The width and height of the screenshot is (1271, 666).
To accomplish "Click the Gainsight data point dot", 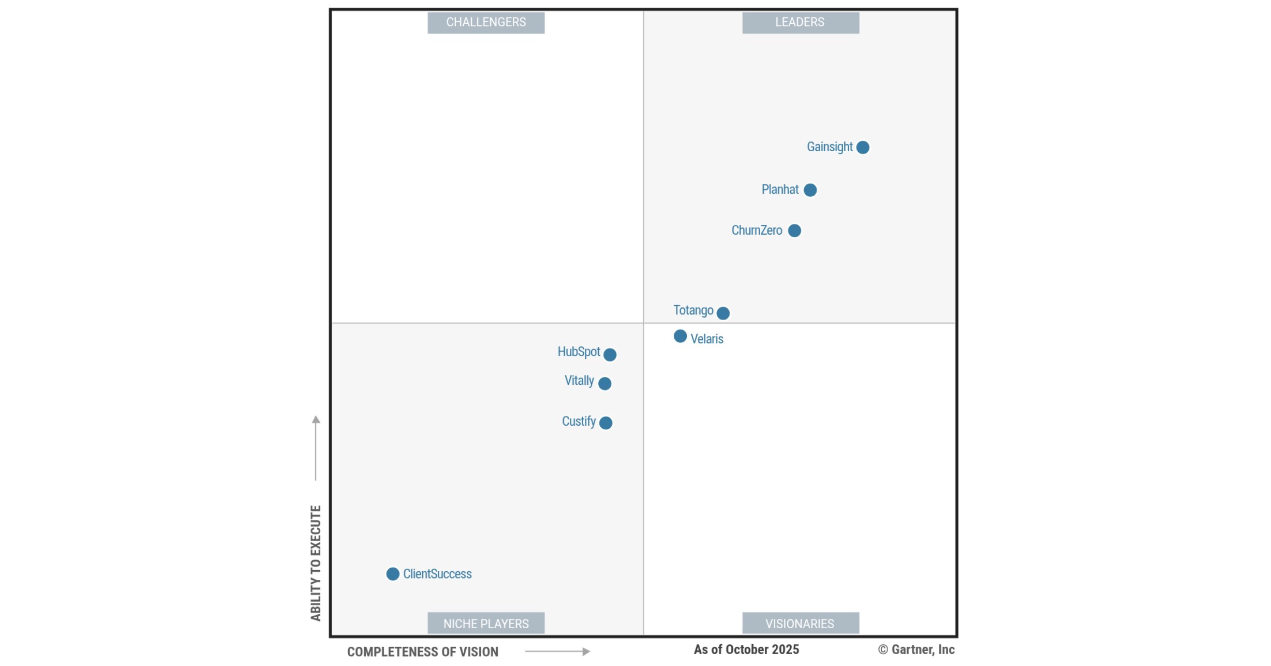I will (863, 148).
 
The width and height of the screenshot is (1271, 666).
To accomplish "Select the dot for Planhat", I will (810, 190).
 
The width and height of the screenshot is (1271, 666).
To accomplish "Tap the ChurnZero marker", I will (794, 230).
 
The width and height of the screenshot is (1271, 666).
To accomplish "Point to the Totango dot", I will (723, 313).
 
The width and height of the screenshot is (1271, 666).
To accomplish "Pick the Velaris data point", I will (680, 337).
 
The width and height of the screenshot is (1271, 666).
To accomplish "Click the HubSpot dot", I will (610, 355).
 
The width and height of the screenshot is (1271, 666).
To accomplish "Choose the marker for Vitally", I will (604, 383).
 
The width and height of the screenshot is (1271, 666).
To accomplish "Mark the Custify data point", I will (605, 423).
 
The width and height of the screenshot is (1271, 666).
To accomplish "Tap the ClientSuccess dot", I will (393, 574).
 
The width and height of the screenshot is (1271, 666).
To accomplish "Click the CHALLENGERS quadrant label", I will (486, 23).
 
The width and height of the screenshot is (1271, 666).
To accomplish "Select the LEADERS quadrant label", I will (800, 23).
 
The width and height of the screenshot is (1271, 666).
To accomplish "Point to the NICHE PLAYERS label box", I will (486, 623).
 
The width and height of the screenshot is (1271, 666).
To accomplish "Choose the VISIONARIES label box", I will (800, 623).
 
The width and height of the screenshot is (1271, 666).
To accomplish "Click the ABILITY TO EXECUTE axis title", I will (316, 563).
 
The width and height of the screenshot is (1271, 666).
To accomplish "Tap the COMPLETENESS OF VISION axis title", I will (422, 652).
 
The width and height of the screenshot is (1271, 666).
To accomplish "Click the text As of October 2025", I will (746, 649).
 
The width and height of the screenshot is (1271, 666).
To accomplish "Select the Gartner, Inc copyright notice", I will (916, 649).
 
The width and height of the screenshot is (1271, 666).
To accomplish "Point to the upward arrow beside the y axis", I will (316, 448).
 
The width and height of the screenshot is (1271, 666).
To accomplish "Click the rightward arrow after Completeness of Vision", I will (558, 651).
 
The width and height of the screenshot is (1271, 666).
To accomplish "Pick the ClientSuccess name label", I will (437, 574).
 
